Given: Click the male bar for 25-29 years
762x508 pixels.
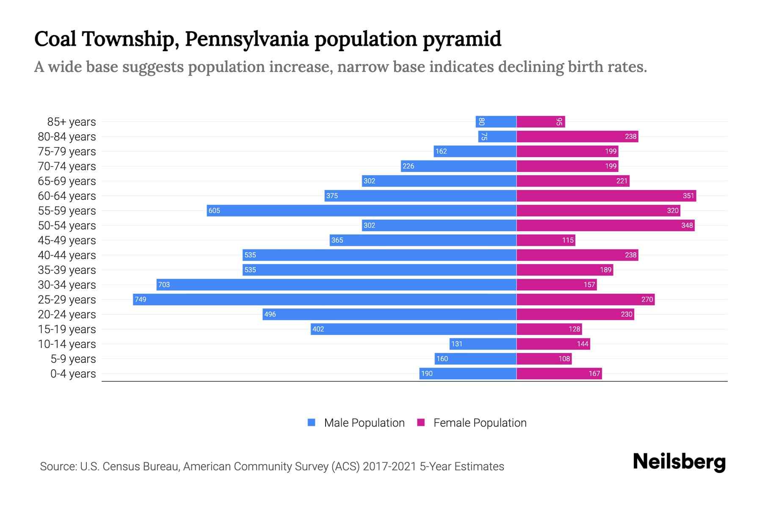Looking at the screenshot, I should click(324, 299).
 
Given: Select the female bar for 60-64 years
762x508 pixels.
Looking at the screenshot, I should click(606, 196).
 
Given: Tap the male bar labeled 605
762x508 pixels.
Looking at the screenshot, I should click(362, 210).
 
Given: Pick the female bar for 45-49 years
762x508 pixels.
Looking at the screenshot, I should click(546, 240).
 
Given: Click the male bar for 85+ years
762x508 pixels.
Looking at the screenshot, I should click(496, 121).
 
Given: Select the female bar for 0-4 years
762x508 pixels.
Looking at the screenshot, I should click(559, 373).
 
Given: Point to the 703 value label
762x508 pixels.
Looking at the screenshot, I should click(164, 284).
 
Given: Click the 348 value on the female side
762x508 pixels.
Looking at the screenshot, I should click(687, 225).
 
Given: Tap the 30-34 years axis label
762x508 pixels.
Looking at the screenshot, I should click(67, 284).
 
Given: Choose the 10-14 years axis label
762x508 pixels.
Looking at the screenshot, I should click(67, 344).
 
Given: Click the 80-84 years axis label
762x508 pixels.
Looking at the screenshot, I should click(67, 136).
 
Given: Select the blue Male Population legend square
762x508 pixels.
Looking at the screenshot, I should click(312, 422).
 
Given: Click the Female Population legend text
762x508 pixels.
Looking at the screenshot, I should click(480, 422).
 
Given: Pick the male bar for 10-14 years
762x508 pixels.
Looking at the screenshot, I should click(483, 344).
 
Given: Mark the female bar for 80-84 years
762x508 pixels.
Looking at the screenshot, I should click(577, 136).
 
